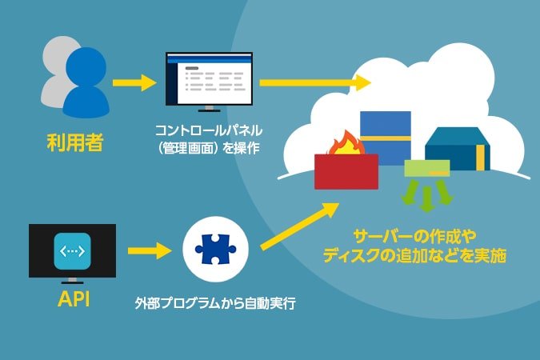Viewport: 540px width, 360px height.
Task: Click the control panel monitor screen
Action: (x=208, y=78)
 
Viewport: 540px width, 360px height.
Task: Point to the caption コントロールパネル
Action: (x=210, y=129)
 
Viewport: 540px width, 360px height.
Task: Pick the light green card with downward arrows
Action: (x=426, y=169)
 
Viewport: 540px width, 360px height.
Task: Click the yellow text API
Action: (x=72, y=298)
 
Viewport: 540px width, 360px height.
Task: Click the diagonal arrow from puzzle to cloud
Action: (x=298, y=230)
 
